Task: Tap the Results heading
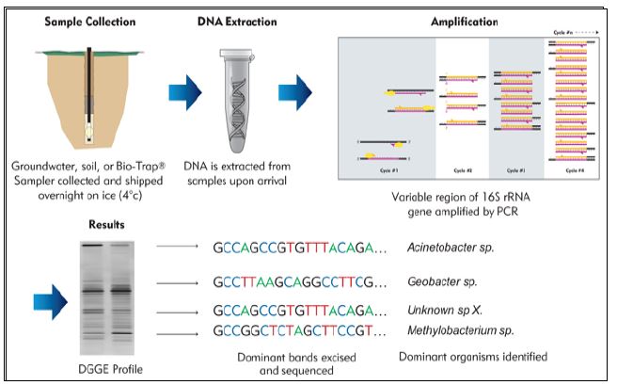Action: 105,226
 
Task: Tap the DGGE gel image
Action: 105,292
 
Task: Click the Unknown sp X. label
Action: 451,312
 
